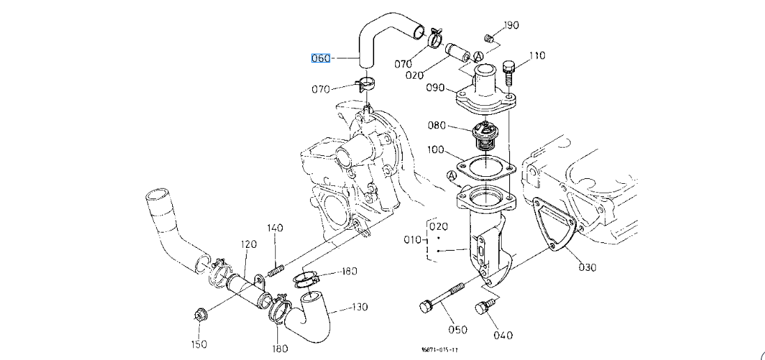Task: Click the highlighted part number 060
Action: tap(320, 58)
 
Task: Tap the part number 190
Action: tap(511, 26)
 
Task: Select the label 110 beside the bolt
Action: tap(536, 56)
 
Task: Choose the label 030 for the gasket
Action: tap(587, 267)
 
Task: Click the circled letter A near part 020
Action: tap(479, 56)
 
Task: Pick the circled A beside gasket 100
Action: tap(453, 177)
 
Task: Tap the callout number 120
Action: tap(249, 244)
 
